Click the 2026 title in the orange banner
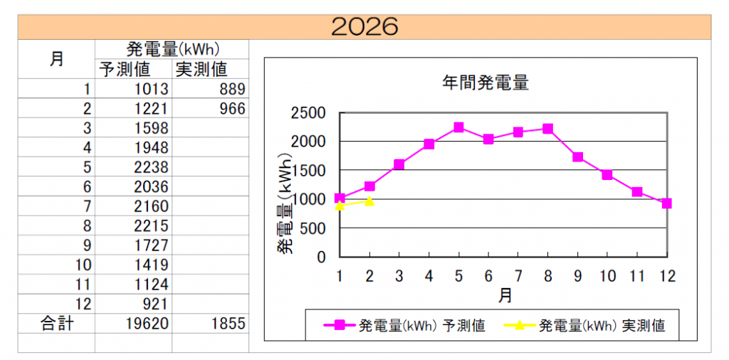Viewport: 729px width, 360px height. [x=364, y=26]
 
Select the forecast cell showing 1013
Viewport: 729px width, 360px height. [x=151, y=89]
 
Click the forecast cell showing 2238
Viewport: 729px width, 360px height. [x=151, y=167]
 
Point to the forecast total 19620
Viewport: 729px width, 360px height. [x=146, y=324]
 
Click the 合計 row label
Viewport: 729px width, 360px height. [x=56, y=324]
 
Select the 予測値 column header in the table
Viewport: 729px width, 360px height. [x=133, y=69]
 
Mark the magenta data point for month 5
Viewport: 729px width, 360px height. [x=458, y=127]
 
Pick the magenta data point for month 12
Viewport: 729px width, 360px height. [x=666, y=203]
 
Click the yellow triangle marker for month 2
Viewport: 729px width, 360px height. [x=369, y=201]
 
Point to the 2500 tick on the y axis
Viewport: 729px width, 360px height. [x=308, y=112]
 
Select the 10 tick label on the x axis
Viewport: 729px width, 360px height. [x=607, y=275]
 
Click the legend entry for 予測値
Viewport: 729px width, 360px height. [x=406, y=326]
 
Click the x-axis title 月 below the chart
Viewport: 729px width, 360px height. [x=504, y=295]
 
